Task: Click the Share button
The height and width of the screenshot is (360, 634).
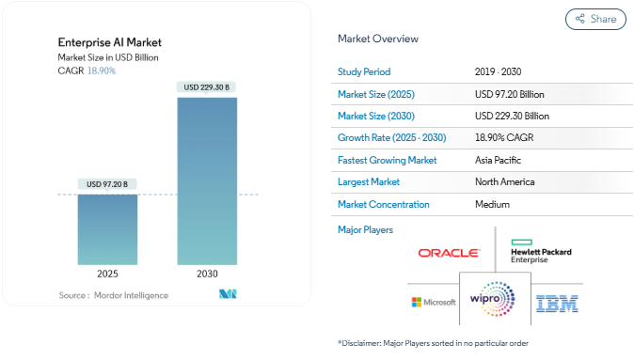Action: [x=595, y=19]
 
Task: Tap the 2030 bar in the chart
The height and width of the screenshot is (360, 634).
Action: [x=206, y=179]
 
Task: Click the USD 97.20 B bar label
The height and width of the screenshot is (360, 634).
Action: [x=107, y=183]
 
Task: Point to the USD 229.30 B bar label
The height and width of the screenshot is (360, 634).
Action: [x=206, y=87]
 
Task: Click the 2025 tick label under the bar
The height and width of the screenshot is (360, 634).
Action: [x=107, y=274]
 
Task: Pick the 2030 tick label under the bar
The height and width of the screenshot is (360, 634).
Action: [x=206, y=274]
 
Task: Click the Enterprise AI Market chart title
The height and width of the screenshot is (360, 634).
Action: [x=110, y=42]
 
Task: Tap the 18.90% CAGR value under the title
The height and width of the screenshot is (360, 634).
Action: [x=101, y=71]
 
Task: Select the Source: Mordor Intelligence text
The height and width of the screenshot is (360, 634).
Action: [x=113, y=295]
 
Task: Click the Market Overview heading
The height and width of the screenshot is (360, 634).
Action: [x=378, y=39]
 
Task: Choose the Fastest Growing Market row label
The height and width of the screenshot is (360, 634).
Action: [x=387, y=160]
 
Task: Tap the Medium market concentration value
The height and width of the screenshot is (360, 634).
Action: [x=493, y=204]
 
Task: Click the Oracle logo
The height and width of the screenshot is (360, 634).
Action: [x=449, y=253]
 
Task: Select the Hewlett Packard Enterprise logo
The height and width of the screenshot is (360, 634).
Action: [x=540, y=251]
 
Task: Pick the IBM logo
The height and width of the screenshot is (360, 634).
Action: [x=557, y=303]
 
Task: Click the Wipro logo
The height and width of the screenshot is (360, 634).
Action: [x=492, y=299]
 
